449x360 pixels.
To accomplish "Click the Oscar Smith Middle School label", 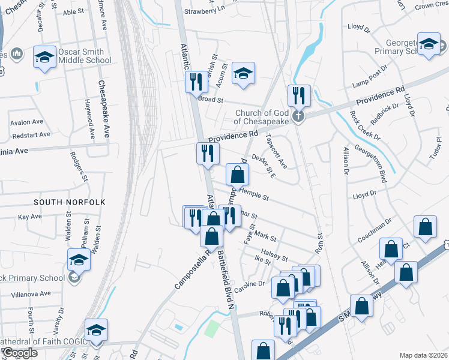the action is (85, 56).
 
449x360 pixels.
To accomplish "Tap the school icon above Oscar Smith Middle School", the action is (44, 57).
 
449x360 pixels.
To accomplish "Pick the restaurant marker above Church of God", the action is (297, 95).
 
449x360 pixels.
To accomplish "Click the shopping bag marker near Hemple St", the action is (238, 175).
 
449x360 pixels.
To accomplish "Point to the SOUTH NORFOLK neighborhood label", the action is (70, 202).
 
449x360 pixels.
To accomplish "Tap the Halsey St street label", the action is (276, 255).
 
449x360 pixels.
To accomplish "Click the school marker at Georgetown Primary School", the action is (429, 45).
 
